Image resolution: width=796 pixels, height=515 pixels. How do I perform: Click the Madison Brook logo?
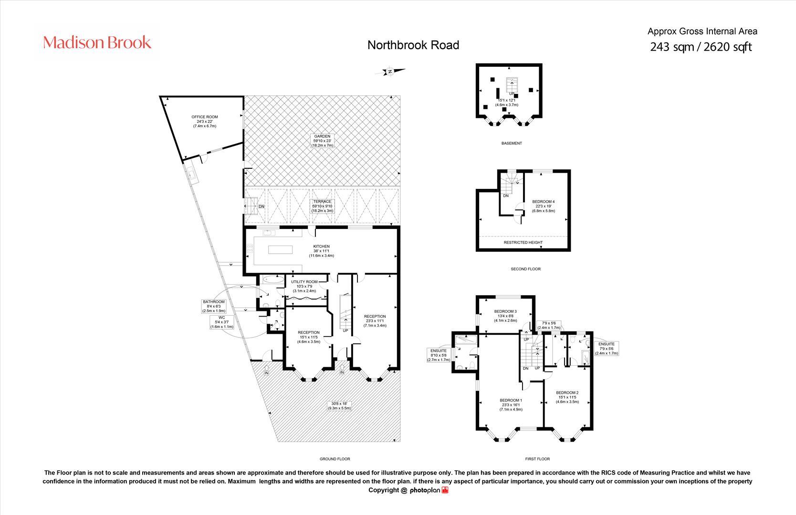click(97, 42)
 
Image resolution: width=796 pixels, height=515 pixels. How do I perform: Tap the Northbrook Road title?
click(413, 45)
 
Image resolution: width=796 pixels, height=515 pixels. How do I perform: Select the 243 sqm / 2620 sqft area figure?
click(701, 47)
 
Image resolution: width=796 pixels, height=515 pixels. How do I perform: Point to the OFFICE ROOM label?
click(204, 117)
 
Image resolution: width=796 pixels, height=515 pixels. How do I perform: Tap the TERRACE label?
click(322, 202)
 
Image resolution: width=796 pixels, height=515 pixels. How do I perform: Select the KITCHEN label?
click(321, 247)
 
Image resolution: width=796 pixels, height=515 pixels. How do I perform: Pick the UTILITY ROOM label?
click(304, 282)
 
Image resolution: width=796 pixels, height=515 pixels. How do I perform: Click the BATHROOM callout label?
click(213, 302)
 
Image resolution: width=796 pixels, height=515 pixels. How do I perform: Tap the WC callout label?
click(221, 318)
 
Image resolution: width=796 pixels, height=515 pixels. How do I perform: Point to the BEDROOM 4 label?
click(543, 202)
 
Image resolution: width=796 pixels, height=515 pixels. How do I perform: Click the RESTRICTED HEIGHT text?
click(523, 242)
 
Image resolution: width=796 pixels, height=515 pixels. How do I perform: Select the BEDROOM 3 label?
click(505, 311)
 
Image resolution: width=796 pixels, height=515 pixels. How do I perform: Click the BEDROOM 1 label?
click(511, 400)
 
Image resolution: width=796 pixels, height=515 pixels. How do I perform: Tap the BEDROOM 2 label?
click(567, 392)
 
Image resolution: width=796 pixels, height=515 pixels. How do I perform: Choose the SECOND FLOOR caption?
click(525, 269)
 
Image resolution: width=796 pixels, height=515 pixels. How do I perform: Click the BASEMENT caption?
click(512, 143)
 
